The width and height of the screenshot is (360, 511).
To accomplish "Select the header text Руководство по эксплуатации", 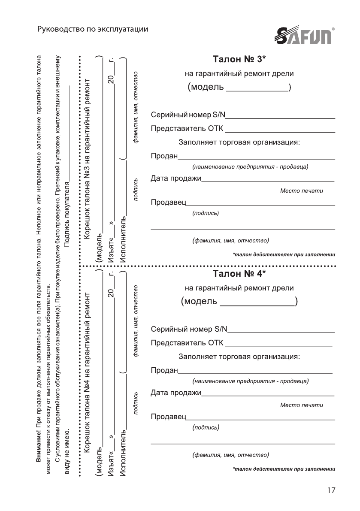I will pos(93,30).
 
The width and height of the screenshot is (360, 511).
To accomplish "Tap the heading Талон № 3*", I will pos(240,58).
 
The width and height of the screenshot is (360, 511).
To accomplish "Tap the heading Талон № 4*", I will pos(240,273).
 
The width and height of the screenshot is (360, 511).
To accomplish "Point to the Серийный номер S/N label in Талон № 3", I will pos(188,115).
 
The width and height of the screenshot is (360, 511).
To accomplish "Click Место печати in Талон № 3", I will pos(301,191).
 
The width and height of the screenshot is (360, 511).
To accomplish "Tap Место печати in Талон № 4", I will pos(301,405).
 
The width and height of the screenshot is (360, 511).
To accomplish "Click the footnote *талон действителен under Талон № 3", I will pos(284,254).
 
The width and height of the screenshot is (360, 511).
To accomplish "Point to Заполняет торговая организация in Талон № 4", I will pos(239,357).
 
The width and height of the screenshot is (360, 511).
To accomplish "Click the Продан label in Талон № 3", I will pos(164,156).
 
